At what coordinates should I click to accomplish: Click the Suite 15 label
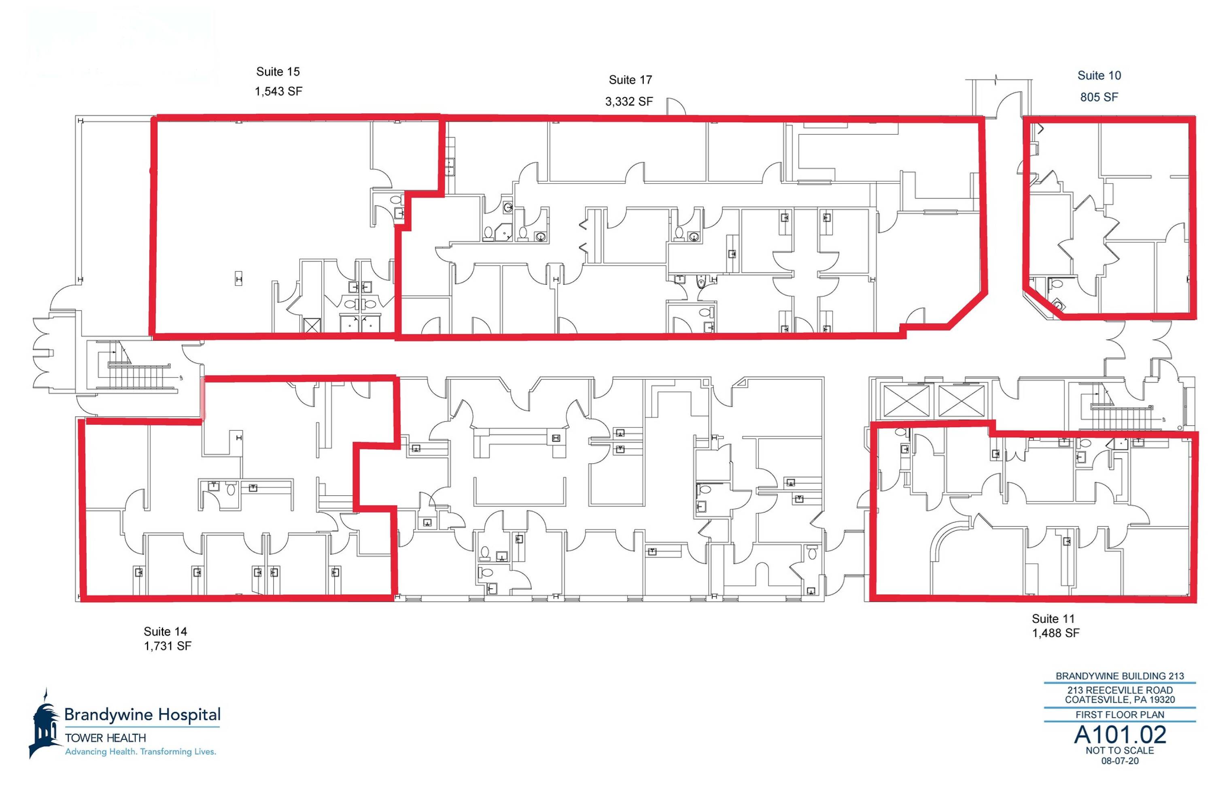point(278,71)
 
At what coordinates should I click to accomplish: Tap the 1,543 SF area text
point(278,92)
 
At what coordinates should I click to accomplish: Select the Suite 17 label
point(630,80)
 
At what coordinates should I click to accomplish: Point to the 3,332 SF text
point(629,102)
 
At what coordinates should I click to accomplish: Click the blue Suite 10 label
point(1099,76)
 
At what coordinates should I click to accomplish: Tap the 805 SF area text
point(1099,97)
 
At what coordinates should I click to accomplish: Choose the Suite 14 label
point(165,631)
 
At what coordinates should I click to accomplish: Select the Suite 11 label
point(1053,619)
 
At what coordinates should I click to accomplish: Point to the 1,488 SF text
point(1056,633)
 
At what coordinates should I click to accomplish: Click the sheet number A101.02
point(1120,735)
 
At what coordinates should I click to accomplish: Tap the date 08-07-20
point(1120,761)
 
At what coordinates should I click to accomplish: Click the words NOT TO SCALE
point(1120,751)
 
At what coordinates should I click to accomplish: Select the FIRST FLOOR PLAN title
point(1120,715)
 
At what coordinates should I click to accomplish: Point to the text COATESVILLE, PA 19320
point(1120,700)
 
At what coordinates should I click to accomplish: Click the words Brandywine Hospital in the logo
point(142,715)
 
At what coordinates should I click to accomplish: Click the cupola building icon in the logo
point(45,725)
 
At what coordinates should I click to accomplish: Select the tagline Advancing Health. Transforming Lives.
point(141,752)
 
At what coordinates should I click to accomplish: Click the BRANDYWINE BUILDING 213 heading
point(1120,676)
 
